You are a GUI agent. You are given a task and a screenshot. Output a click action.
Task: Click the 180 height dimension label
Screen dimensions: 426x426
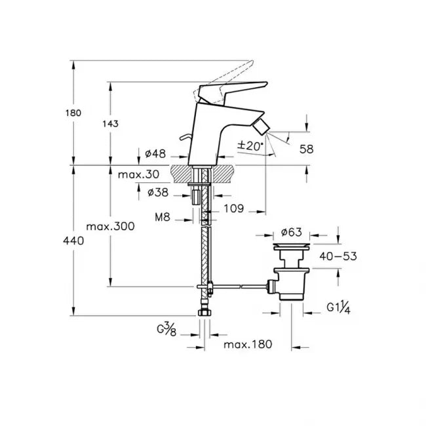(x=73, y=113)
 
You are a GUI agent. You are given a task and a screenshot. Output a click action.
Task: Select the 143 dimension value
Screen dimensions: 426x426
(x=110, y=124)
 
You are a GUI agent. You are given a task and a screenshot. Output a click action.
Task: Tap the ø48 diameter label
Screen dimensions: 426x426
(x=155, y=154)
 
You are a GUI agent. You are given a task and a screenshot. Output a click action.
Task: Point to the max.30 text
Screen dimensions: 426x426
(x=138, y=174)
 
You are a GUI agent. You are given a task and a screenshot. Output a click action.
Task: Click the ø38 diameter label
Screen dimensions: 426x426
(x=158, y=193)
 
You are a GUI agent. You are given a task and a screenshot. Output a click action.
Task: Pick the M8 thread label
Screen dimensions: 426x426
(x=162, y=217)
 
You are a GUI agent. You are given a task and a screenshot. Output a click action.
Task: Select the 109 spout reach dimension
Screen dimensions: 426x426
(x=233, y=208)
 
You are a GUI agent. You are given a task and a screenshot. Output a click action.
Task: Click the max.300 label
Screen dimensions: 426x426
(x=110, y=226)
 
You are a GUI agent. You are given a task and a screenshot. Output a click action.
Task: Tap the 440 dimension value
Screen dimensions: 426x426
(x=73, y=241)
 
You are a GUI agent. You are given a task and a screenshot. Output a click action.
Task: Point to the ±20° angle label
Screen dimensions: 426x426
(x=250, y=146)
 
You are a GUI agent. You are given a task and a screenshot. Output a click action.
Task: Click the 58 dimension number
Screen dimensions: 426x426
(x=306, y=149)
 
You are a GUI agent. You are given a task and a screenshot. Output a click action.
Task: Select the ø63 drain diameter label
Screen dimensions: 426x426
(x=291, y=232)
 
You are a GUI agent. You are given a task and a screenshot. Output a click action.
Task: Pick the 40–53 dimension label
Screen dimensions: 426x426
(x=338, y=256)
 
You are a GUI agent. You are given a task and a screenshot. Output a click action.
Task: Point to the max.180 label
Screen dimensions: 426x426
(x=248, y=345)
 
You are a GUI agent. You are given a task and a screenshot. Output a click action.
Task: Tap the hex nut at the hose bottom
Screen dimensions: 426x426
(x=204, y=313)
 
